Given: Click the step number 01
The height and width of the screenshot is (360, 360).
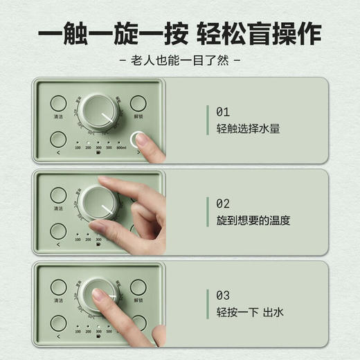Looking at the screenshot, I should tap(223, 111).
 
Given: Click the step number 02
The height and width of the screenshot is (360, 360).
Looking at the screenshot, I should tap(223, 203).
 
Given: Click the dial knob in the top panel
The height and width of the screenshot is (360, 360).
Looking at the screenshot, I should tap(100, 113).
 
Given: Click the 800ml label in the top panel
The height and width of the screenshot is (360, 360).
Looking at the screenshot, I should tap(121, 147).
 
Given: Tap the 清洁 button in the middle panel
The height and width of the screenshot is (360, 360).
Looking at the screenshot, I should tap(59, 195).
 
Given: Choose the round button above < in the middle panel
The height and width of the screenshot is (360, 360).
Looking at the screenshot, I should tap(59, 231).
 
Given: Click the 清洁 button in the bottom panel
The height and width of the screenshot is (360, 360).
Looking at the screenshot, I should tap(59, 286).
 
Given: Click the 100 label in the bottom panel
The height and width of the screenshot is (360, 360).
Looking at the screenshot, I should tap(78, 330).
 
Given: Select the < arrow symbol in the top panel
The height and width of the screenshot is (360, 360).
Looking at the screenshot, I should tap(58, 152).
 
